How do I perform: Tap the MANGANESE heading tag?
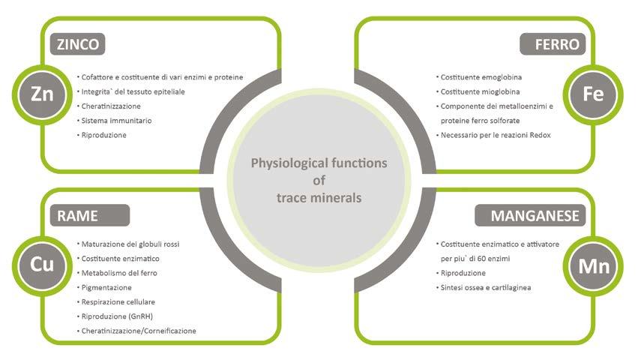[534, 216]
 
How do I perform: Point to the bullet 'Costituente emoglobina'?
[481, 77]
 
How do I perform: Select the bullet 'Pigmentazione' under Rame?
[106, 287]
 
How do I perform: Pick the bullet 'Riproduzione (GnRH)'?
[117, 316]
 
